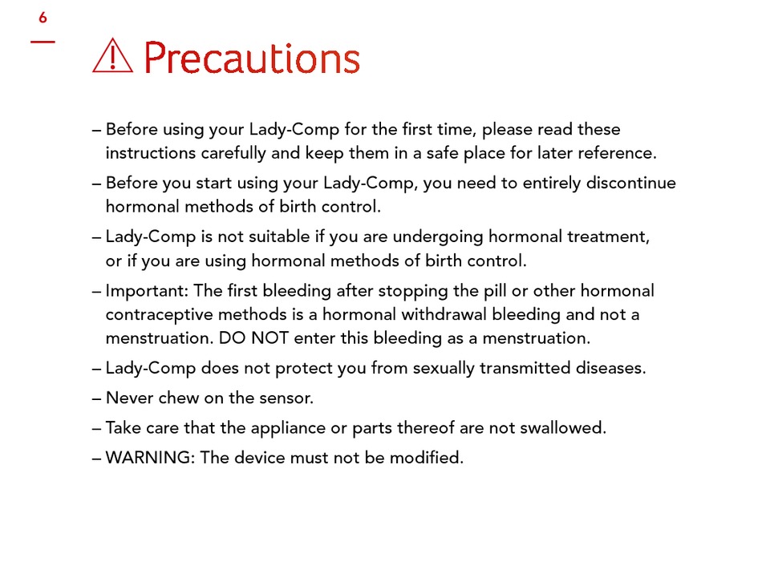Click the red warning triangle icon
[x=112, y=56]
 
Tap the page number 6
[x=43, y=18]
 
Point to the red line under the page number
[x=43, y=42]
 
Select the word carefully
[x=233, y=153]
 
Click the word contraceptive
[x=159, y=315]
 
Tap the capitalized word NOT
[x=270, y=338]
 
